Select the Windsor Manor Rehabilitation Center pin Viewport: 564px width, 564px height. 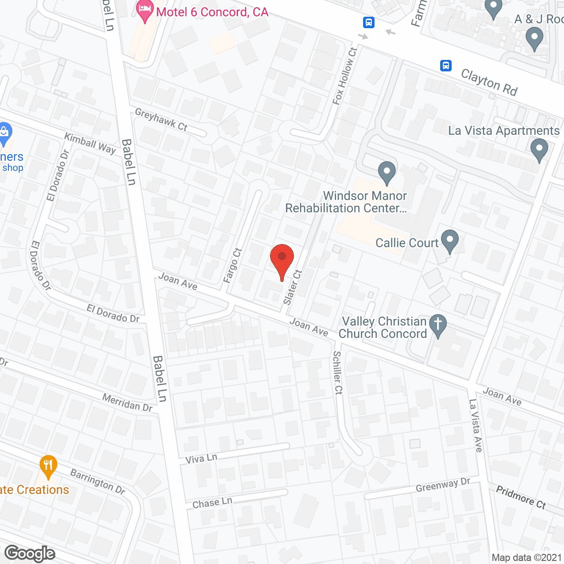coord(387,172)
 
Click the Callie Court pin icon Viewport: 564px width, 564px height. coord(449,241)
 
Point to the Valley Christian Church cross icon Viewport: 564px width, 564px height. coord(438,325)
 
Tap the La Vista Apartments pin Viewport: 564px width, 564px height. coord(539,149)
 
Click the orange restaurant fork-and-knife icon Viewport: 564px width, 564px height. coord(48,466)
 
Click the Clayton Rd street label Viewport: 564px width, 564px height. coord(489,82)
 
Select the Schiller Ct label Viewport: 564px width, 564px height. coord(338,373)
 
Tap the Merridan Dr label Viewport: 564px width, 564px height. coord(127,403)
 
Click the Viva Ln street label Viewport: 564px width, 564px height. coord(201,459)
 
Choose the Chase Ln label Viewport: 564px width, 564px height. coord(212,503)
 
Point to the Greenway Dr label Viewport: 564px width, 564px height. coord(443,485)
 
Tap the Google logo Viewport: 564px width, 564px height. coord(30,553)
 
